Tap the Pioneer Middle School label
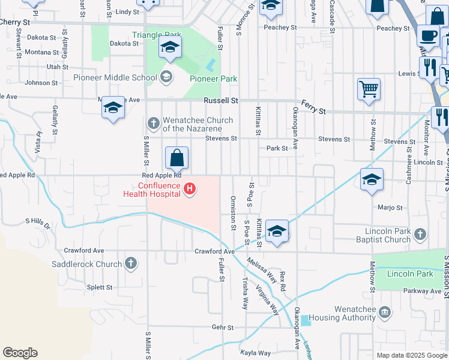[x=115, y=77]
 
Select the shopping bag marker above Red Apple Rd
[x=177, y=158]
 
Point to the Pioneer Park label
[x=213, y=79]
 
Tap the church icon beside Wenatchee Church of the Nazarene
[x=153, y=124]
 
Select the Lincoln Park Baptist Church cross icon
[x=420, y=233]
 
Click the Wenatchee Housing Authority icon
[x=385, y=312]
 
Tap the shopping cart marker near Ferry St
[x=369, y=89]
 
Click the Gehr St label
[x=222, y=327]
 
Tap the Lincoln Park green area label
[x=410, y=274]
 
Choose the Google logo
[x=20, y=353]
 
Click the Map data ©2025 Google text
[x=411, y=355]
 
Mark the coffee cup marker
[x=429, y=35]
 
